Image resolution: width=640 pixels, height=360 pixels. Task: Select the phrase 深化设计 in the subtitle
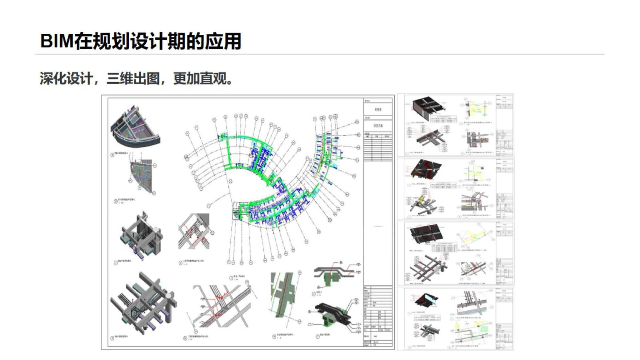point(66,78)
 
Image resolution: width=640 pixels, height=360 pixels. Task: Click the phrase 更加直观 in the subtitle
point(200,78)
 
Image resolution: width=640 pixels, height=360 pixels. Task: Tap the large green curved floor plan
point(275,178)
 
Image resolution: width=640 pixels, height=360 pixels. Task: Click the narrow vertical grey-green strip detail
point(283,294)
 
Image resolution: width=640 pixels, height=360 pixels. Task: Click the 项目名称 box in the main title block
point(378,126)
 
